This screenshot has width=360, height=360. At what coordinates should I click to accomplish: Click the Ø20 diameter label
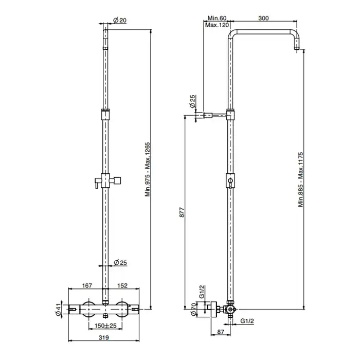click(x=120, y=20)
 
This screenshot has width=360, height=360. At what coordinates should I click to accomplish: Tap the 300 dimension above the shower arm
click(x=263, y=18)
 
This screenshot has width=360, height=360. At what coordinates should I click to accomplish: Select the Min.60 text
click(x=217, y=18)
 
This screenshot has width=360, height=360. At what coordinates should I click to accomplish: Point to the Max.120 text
click(x=217, y=25)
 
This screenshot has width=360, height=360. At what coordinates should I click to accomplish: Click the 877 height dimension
click(x=182, y=212)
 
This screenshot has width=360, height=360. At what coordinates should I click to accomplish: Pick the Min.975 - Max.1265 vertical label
click(x=148, y=169)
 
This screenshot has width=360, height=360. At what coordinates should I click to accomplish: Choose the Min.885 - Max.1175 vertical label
click(x=301, y=179)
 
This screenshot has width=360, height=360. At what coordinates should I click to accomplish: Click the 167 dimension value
click(x=87, y=285)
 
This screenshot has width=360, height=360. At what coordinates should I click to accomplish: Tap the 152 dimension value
click(x=122, y=285)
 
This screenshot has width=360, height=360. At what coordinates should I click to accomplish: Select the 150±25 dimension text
click(x=105, y=326)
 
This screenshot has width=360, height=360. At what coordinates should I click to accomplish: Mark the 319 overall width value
click(x=104, y=337)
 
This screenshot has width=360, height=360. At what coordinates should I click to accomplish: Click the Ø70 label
click(x=193, y=309)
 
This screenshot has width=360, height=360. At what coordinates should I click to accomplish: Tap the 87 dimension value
click(x=221, y=332)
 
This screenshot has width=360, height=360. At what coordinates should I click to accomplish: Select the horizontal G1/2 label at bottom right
click(x=247, y=321)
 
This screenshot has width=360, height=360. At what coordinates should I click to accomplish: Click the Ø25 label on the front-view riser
click(x=120, y=262)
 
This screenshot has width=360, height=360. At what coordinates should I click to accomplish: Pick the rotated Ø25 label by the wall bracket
click(x=192, y=101)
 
